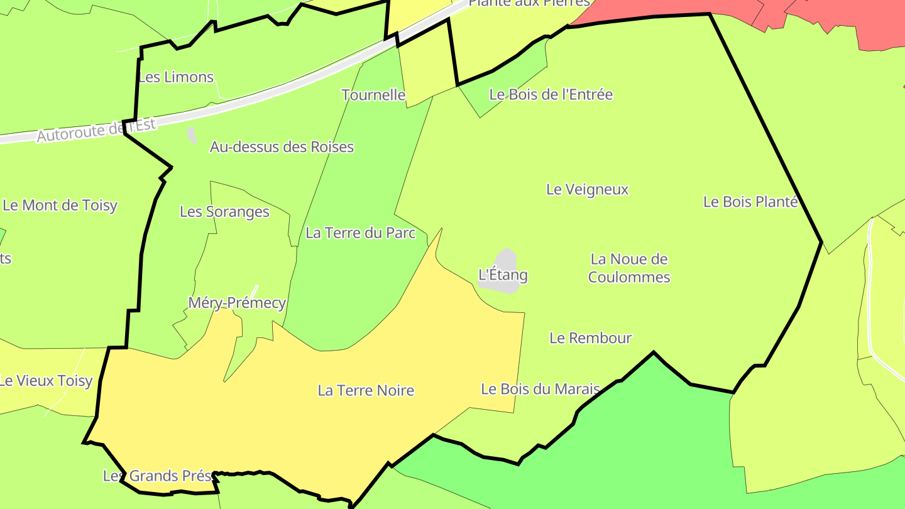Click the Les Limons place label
tap(176, 77)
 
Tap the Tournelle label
tap(373, 95)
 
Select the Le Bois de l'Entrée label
tap(551, 94)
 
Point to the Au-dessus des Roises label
tap(282, 147)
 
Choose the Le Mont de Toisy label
tap(60, 205)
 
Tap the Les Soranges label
tap(224, 212)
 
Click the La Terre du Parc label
tap(361, 233)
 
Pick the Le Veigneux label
tap(587, 189)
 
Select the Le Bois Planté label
tap(750, 202)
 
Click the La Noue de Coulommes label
tap(629, 268)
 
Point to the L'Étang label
tap(503, 275)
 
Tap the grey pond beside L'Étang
tap(507, 261)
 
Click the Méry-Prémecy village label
tap(237, 303)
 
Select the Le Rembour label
tap(590, 338)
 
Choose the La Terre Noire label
tap(366, 391)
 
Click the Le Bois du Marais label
tap(540, 389)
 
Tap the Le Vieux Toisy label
tap(47, 381)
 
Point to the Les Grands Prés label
tap(158, 476)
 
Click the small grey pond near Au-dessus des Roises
tap(192, 135)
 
